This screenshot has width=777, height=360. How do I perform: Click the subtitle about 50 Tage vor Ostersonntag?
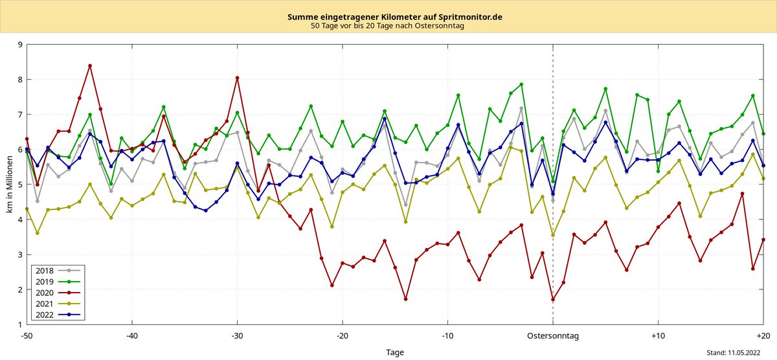tap(387, 26)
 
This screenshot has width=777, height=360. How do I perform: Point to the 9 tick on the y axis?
tap(20, 45)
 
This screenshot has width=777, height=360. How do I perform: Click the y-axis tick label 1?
tap(20, 324)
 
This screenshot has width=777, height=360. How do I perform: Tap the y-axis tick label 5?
tap(20, 185)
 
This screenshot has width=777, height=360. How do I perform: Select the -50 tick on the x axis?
tap(27, 336)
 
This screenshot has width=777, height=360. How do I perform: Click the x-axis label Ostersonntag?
tap(552, 336)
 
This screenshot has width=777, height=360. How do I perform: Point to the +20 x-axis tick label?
tap(763, 336)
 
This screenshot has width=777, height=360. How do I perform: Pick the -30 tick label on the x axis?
tap(237, 336)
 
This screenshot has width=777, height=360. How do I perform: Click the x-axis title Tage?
tap(395, 352)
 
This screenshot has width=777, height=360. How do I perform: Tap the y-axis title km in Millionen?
tap(8, 185)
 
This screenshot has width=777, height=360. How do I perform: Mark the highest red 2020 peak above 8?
tap(90, 65)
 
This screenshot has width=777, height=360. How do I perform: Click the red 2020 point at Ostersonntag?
tap(553, 299)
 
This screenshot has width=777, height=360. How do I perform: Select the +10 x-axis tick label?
tap(658, 336)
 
